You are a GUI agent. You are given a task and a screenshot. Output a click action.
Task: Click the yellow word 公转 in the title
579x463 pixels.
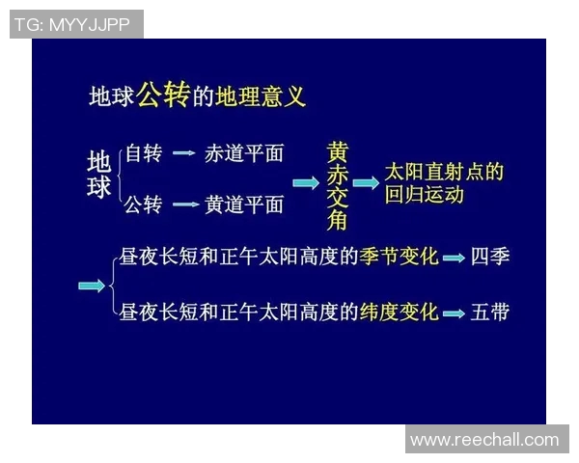(162, 94)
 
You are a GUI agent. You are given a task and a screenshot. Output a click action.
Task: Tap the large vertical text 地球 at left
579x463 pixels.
(99, 175)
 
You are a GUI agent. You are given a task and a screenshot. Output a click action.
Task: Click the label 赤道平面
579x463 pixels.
(243, 153)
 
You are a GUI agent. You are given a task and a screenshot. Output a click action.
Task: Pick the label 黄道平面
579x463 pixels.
(244, 204)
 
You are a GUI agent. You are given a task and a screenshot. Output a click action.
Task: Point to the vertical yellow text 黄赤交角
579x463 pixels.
(337, 186)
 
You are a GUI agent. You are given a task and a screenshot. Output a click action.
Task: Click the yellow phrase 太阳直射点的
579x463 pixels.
(443, 173)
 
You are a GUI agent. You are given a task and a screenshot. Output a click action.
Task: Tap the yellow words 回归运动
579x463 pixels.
(425, 195)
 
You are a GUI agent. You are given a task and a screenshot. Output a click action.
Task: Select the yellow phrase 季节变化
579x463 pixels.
(399, 257)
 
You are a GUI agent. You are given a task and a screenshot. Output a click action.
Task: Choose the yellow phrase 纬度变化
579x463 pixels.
(399, 312)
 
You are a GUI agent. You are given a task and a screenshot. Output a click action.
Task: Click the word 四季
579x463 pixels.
(490, 257)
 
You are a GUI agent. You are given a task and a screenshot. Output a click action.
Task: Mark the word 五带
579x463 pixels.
(490, 312)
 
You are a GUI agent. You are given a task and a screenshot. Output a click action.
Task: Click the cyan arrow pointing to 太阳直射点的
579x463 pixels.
(366, 182)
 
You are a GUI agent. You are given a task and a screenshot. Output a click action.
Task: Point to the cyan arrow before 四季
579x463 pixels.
(454, 259)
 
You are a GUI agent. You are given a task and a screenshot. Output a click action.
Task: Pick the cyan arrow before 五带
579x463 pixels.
(454, 313)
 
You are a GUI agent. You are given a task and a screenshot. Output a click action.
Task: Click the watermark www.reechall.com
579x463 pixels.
(484, 440)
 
